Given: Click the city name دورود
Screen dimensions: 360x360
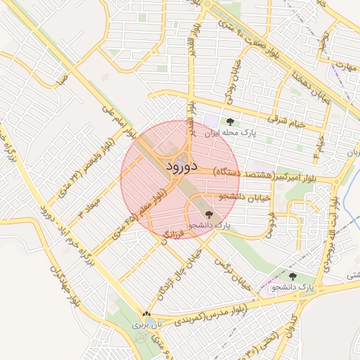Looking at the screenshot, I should (181, 167).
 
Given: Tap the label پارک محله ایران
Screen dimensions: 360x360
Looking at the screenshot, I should (227, 131).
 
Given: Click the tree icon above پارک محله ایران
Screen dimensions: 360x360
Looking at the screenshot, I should (230, 122).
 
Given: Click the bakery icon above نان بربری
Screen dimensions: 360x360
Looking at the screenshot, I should (146, 315).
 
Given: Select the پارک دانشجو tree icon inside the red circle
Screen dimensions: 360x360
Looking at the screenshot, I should (208, 214).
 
